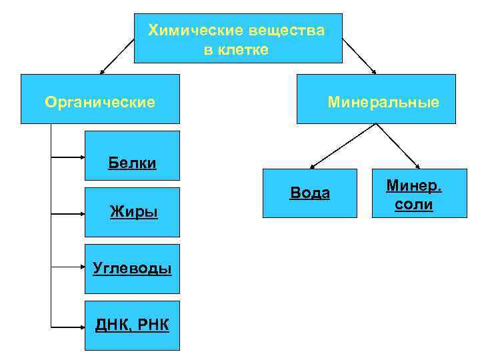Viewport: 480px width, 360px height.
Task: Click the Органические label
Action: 100,102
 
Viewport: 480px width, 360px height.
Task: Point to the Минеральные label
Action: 383,102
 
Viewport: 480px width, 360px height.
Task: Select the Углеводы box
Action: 132,269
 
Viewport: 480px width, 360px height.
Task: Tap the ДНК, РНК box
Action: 132,325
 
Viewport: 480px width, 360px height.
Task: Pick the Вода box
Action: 309,193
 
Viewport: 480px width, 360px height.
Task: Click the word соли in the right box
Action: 413,205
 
